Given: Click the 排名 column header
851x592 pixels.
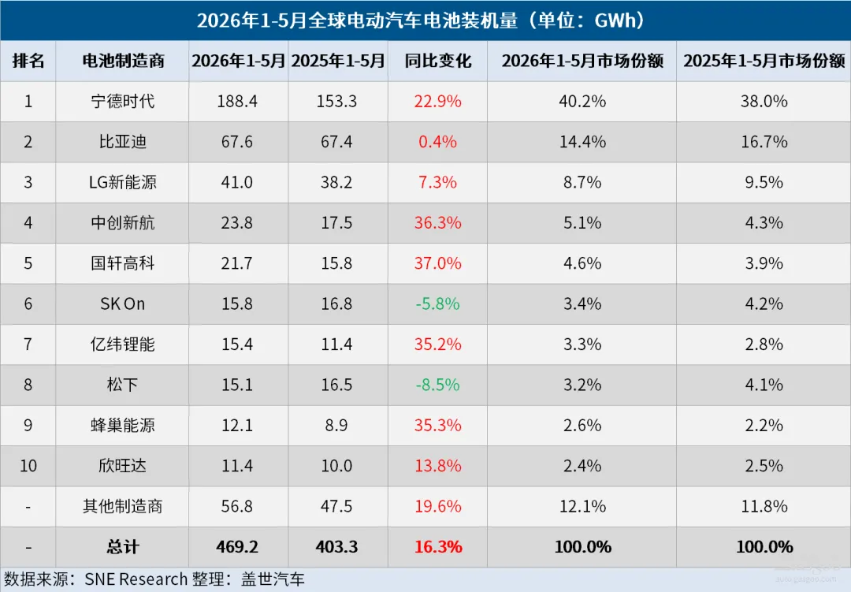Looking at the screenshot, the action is click(28, 60).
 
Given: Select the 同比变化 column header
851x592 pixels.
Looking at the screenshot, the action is click(437, 60).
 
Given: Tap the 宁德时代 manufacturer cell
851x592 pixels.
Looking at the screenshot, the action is click(123, 101).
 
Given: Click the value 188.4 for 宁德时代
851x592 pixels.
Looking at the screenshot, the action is click(237, 101).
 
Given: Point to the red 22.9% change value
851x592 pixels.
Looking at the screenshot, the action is click(437, 101).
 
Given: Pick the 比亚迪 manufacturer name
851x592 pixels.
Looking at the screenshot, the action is click(123, 142).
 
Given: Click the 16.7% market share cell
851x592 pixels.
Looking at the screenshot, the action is click(764, 142).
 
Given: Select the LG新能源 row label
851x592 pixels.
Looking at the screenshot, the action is click(123, 182).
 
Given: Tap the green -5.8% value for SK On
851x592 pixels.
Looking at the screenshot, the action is click(437, 303).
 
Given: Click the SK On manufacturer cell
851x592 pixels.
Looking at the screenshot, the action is click(123, 303).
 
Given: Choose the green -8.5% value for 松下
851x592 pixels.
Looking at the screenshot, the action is click(437, 385).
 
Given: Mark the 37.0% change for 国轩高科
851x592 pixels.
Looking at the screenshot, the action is click(437, 263).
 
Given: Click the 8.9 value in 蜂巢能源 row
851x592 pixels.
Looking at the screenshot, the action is click(336, 425).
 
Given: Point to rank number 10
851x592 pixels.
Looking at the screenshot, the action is click(28, 465).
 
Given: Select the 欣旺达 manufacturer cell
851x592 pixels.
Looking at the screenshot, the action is click(123, 465).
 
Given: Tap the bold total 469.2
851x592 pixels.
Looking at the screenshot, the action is click(237, 547).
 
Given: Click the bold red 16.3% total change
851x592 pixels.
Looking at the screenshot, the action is click(438, 547).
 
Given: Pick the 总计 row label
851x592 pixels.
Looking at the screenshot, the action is click(123, 547).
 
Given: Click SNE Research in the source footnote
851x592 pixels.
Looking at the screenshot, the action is click(136, 579).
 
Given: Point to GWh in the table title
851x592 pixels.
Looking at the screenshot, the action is click(615, 20).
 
